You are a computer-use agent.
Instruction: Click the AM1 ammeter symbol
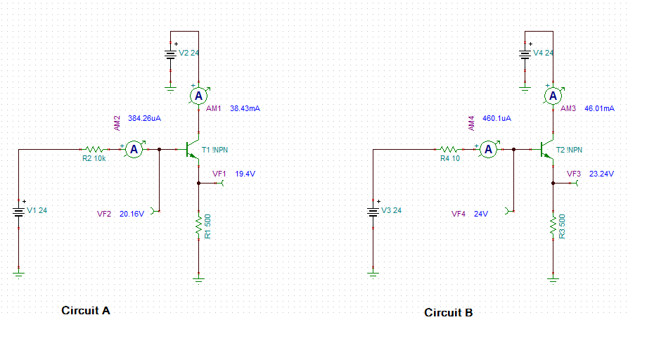(199, 95)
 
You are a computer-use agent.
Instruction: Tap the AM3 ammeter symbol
(553, 95)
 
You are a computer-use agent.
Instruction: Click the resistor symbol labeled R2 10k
(94, 149)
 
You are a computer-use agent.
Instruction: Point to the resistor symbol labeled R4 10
(449, 149)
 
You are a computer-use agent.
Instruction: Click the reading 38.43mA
(245, 109)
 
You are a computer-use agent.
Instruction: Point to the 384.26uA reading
(144, 119)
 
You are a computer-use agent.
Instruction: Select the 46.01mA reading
(599, 109)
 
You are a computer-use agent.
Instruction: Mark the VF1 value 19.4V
(245, 174)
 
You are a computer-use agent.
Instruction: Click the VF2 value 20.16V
(132, 214)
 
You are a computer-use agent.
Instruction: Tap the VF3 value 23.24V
(601, 174)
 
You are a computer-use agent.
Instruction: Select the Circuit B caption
(449, 313)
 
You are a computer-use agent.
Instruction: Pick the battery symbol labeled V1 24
(19, 210)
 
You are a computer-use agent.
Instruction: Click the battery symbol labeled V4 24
(525, 53)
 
